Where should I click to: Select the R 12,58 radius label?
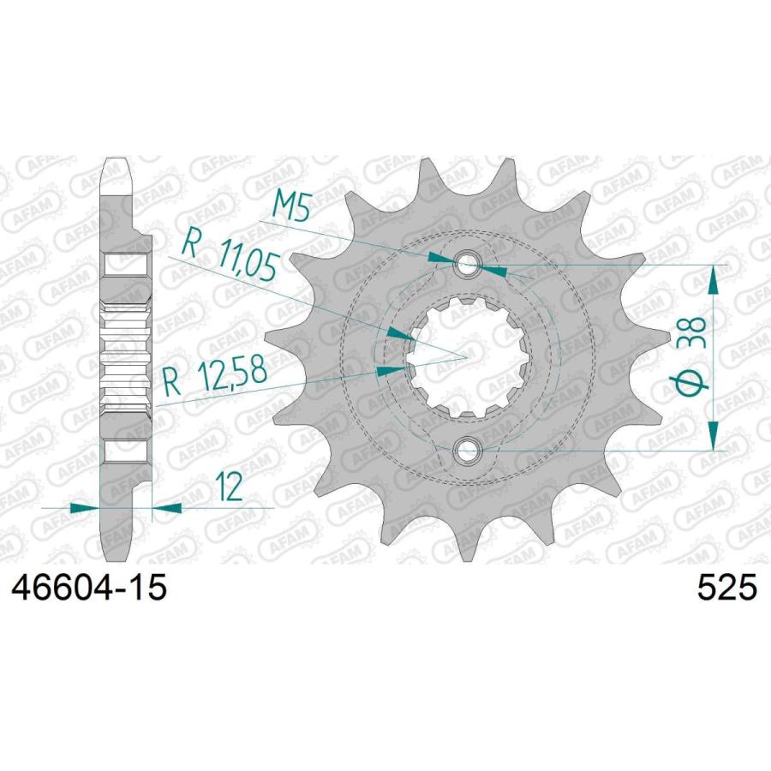click(215, 376)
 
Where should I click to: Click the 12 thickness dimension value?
click(230, 487)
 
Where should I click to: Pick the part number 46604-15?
click(89, 588)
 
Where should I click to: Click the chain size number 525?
click(727, 588)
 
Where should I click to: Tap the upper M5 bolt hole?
click(465, 266)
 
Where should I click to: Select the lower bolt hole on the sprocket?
click(465, 449)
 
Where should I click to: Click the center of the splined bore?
click(466, 357)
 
